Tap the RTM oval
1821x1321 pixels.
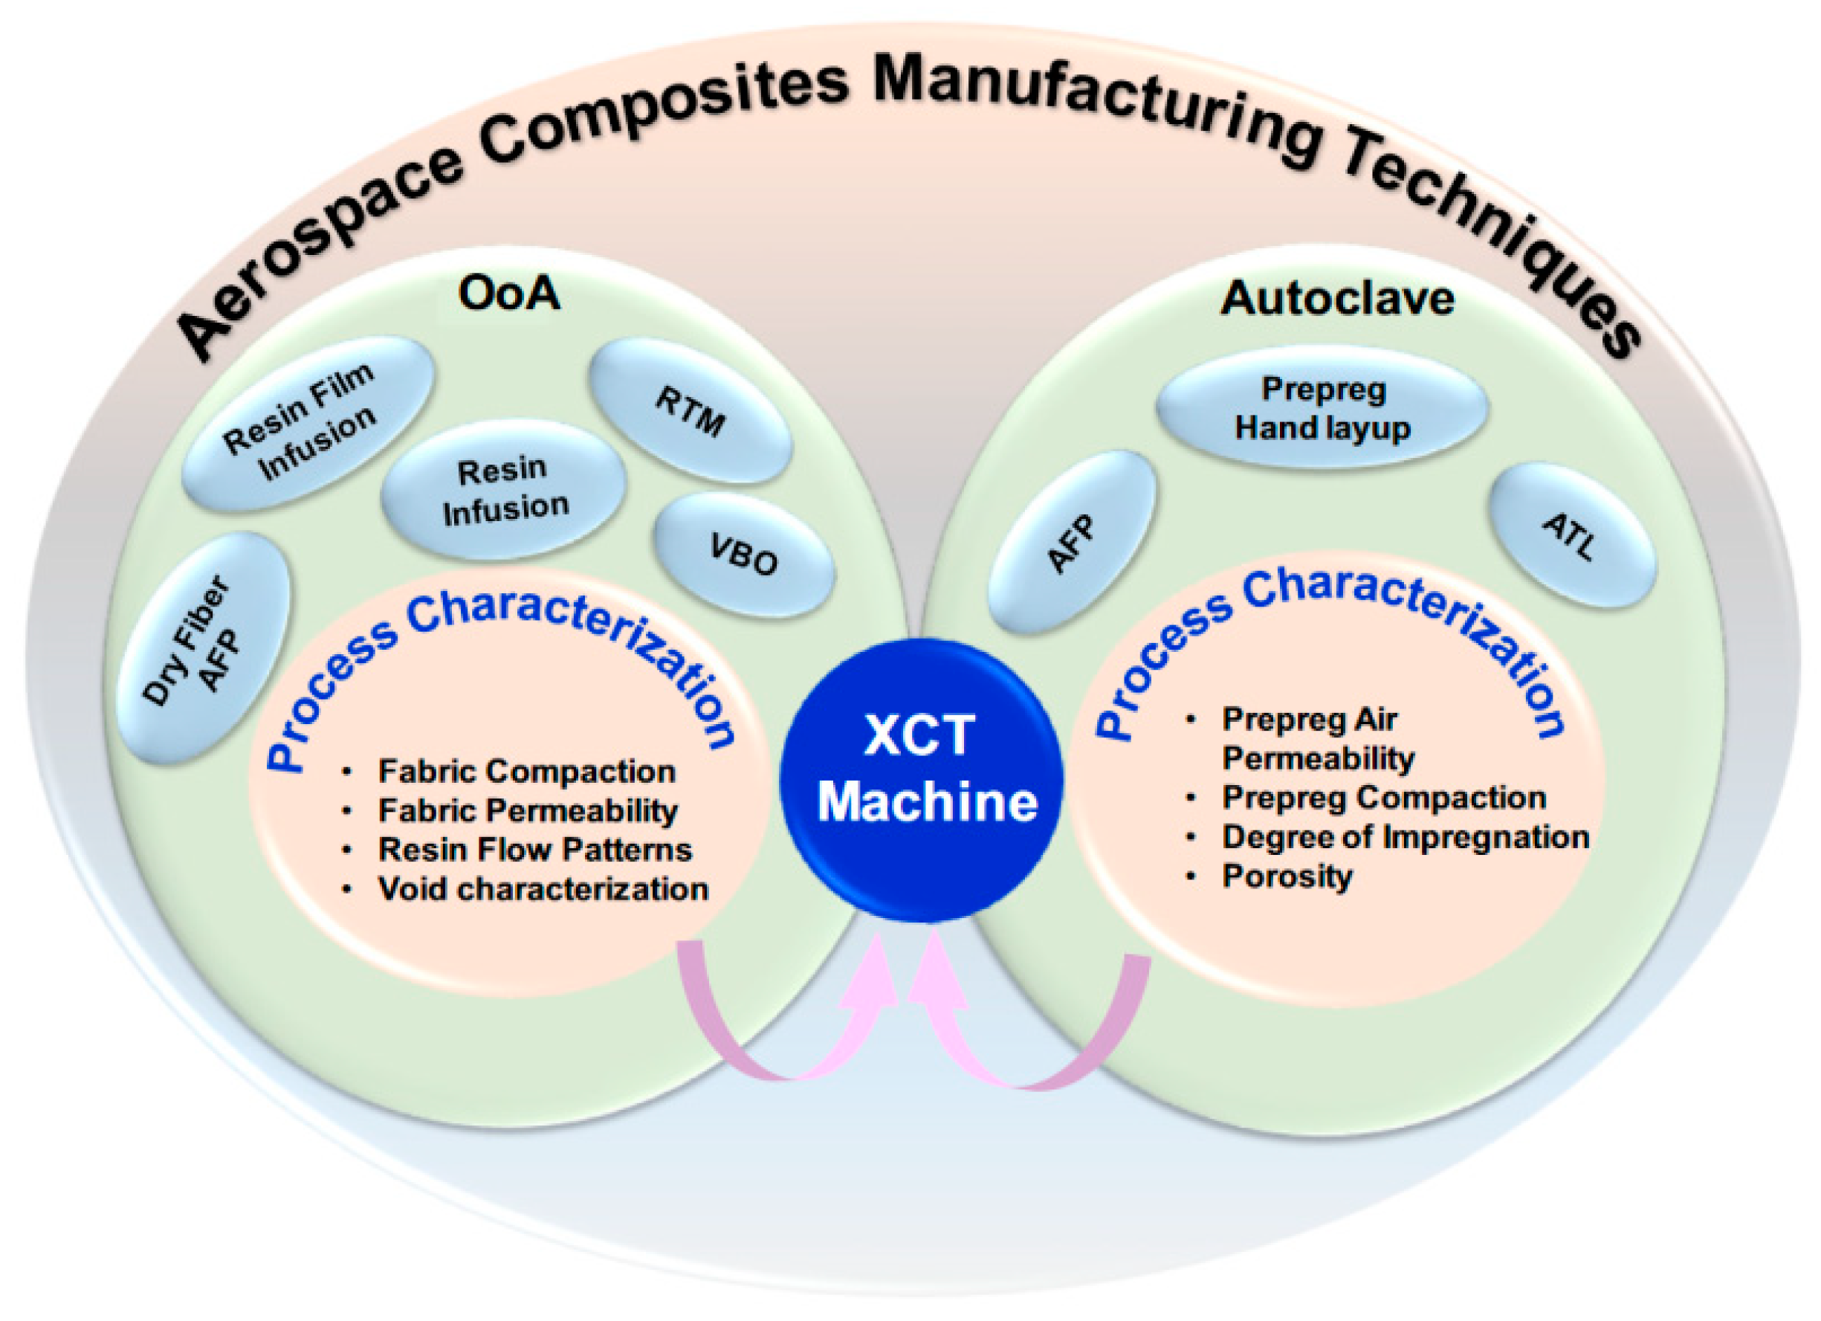click(690, 410)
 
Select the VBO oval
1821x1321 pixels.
click(744, 555)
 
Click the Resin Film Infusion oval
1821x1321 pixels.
click(306, 422)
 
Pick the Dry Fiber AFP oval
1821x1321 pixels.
click(203, 647)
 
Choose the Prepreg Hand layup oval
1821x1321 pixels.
click(1322, 408)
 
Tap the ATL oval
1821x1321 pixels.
click(1571, 536)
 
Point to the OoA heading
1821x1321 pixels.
click(508, 294)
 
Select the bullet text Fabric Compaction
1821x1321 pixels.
click(527, 772)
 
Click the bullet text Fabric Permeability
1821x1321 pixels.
click(528, 811)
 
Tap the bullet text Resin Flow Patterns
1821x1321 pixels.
click(534, 850)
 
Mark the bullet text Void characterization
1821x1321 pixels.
click(543, 889)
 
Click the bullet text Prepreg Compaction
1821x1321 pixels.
click(1383, 798)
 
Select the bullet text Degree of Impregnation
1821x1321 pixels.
click(1405, 837)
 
